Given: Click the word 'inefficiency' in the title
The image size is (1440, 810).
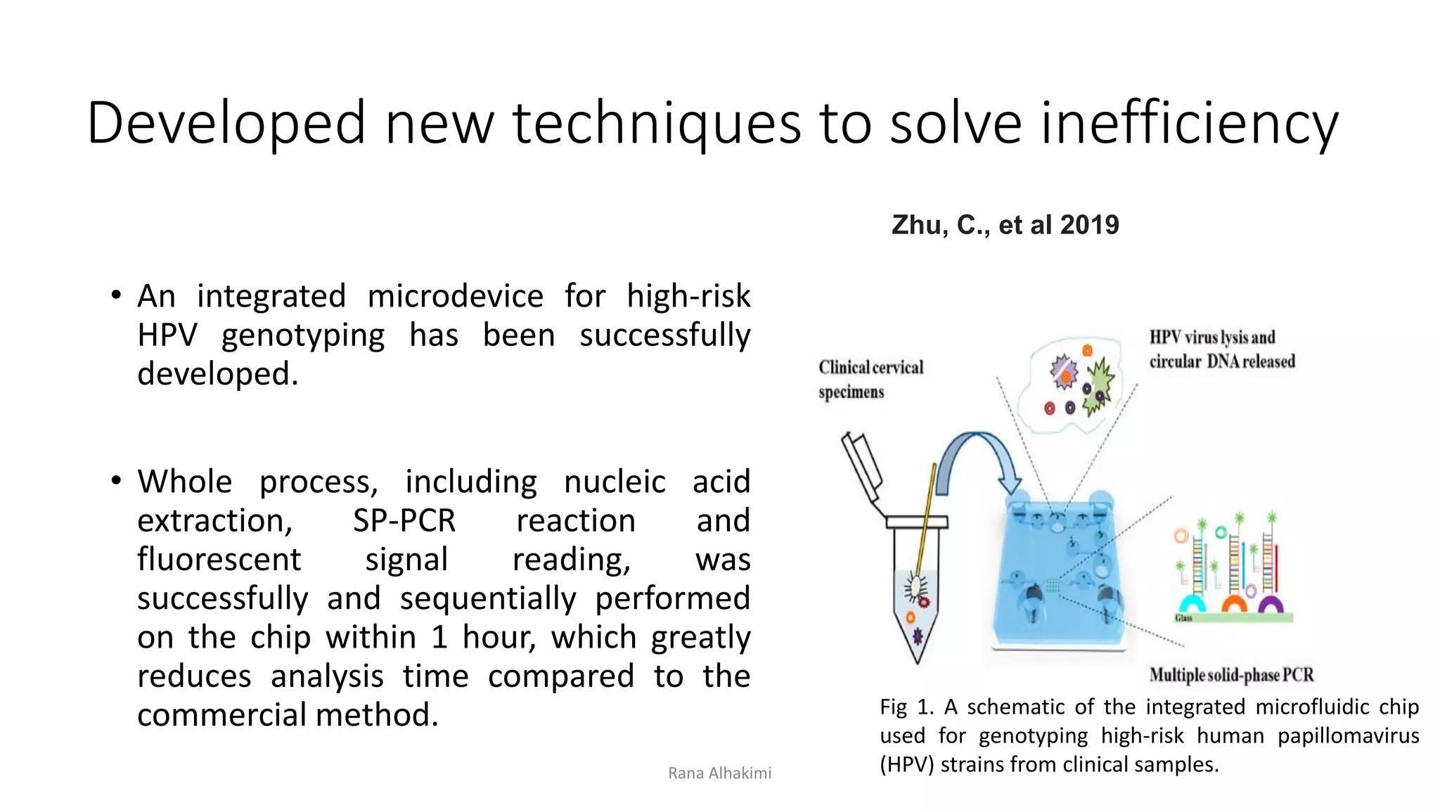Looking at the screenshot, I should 1189,124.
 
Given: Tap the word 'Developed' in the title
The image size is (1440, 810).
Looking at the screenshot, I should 226,124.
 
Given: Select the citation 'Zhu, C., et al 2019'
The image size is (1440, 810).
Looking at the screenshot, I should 1005,225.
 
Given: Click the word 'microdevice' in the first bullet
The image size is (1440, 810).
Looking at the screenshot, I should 455,296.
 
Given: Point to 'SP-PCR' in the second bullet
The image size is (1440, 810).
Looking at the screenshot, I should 404,521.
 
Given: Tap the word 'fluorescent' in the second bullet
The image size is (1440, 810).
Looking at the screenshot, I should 219,560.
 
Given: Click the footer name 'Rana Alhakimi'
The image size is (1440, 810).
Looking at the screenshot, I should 719,773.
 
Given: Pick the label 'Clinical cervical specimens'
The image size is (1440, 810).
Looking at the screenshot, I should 870,379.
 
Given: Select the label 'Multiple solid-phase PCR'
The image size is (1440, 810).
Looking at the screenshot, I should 1231,675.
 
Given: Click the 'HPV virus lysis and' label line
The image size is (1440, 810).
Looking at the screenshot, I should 1212,337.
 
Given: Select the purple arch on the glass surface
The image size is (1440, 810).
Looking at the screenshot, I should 1271,605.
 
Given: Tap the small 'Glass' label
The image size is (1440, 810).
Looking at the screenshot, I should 1183,618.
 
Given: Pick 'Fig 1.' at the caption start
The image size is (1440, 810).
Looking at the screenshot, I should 906,707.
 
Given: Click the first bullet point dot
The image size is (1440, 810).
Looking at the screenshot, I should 117,295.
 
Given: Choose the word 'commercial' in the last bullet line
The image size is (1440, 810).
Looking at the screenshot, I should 222,715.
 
